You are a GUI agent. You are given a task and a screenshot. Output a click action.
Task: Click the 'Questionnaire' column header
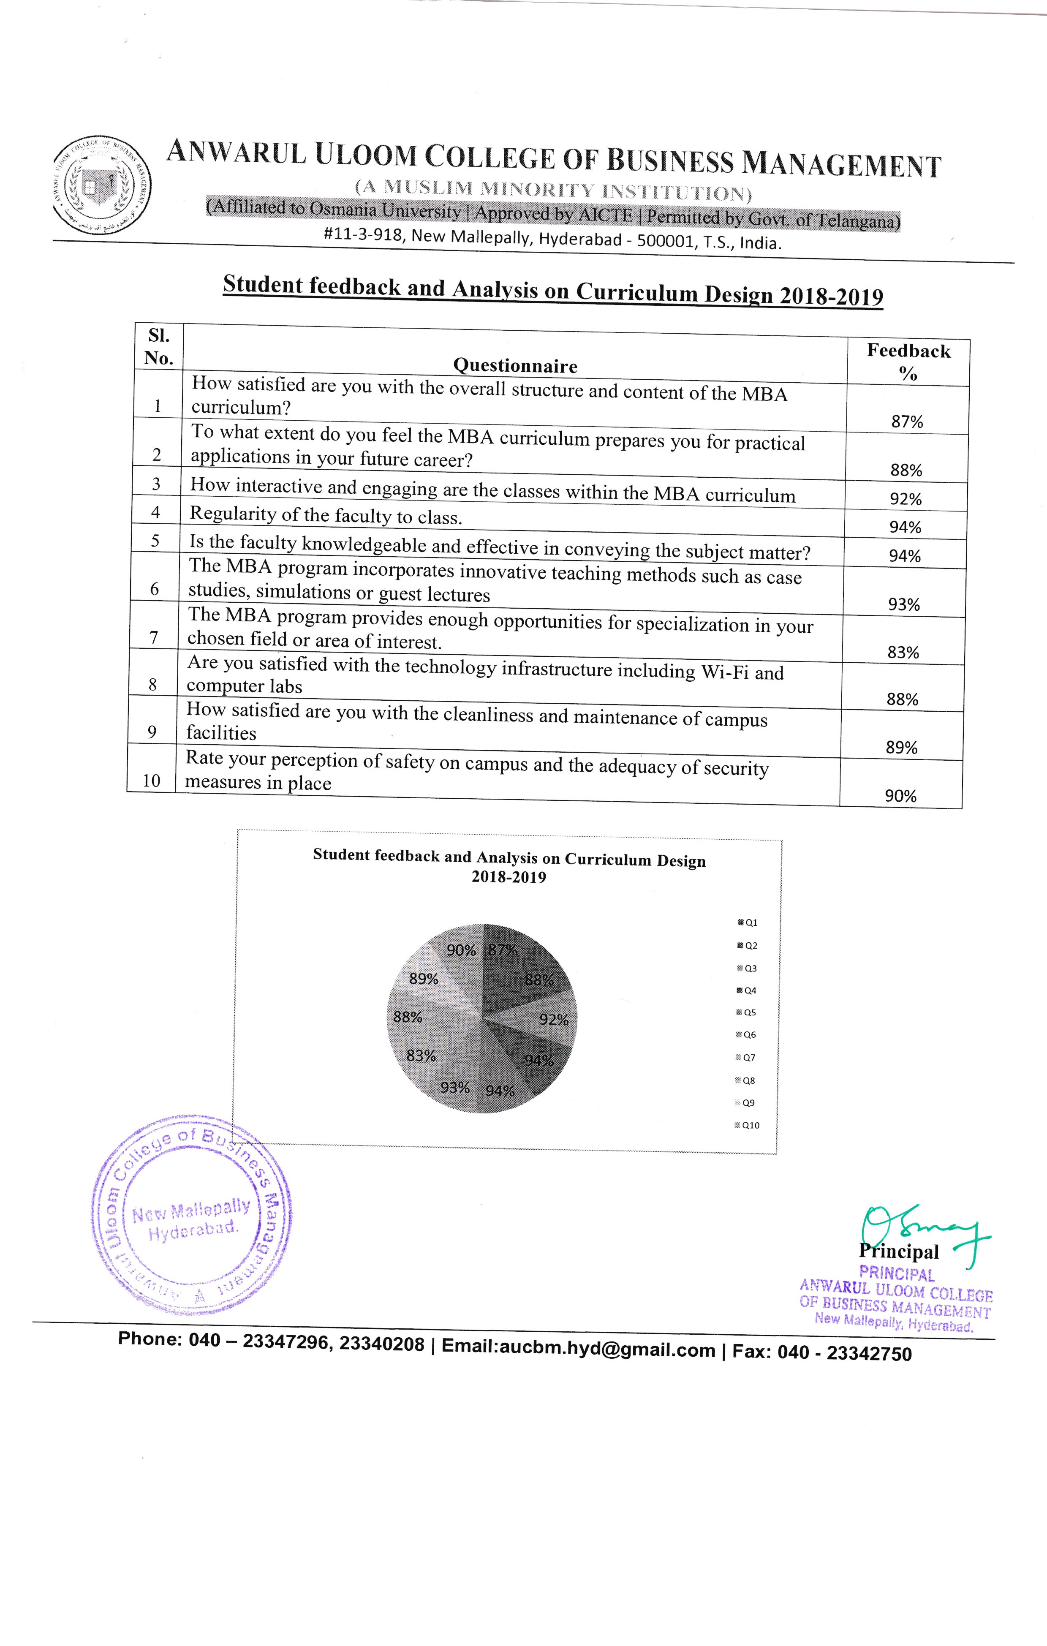515,366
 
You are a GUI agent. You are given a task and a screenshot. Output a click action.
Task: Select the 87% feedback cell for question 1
907,422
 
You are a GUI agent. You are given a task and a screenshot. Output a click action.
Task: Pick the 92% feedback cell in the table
906,499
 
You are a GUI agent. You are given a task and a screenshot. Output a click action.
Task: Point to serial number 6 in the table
155,589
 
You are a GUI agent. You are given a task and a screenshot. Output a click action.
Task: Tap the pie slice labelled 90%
459,950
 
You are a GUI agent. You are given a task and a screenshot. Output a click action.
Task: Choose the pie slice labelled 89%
424,979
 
